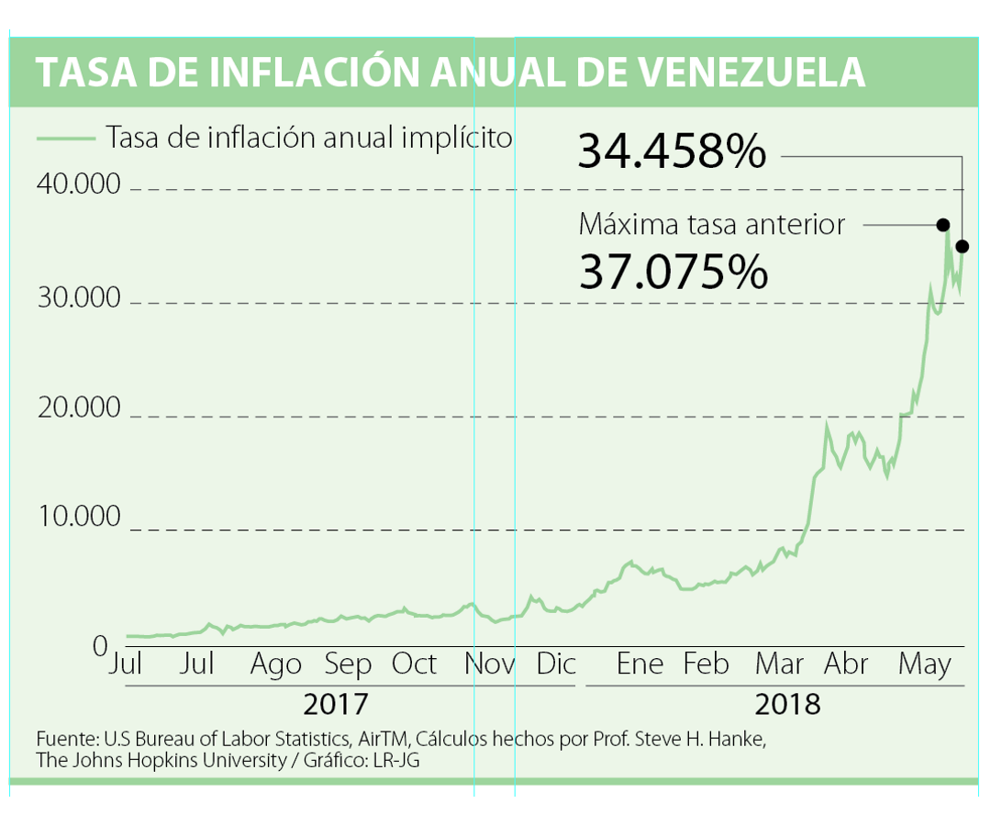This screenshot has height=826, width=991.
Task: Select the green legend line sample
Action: [x=65, y=139]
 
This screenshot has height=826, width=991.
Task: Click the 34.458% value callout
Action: [x=672, y=152]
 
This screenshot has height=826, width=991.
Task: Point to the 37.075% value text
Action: [x=673, y=272]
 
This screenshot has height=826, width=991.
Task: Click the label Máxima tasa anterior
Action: [x=712, y=224]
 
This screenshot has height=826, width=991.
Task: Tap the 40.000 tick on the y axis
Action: [x=79, y=184]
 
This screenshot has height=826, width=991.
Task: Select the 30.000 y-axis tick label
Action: [x=79, y=298]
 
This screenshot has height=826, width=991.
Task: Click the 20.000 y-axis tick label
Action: [x=79, y=407]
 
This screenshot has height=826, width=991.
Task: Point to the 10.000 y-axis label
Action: [x=79, y=517]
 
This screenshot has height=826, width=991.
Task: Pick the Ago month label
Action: [x=275, y=664]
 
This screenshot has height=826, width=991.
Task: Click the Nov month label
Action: [x=488, y=664]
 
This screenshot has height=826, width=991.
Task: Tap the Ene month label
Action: [x=640, y=664]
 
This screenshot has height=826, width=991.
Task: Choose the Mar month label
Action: [x=779, y=664]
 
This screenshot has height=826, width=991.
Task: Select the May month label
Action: [x=924, y=664]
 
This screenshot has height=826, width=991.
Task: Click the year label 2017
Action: [x=335, y=705]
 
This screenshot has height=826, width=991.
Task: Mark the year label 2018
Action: [x=787, y=705]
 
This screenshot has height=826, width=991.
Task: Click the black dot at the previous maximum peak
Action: [x=942, y=225]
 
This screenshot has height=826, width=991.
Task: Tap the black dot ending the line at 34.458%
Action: [x=962, y=246]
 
